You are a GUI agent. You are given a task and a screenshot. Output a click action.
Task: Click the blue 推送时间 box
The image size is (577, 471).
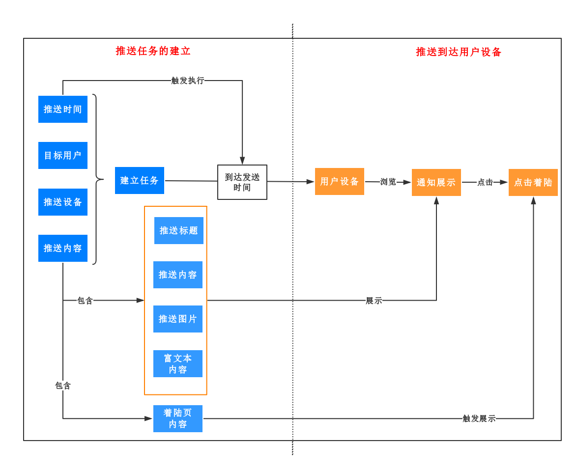[x=63, y=109]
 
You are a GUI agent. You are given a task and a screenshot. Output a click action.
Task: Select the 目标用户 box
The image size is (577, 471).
[x=63, y=155]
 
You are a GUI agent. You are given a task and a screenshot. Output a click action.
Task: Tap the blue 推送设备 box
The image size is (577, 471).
[x=63, y=202]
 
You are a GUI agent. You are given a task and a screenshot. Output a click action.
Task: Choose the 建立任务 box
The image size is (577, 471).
[x=140, y=180]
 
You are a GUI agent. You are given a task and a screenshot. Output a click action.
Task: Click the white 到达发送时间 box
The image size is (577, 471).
[x=242, y=182]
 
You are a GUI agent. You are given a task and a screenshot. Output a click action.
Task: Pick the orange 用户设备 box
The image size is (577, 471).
[x=340, y=181]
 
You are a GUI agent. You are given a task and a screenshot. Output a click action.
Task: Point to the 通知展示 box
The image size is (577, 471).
[x=436, y=182]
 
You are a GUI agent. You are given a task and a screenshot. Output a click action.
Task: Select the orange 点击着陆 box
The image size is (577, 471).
[x=533, y=182]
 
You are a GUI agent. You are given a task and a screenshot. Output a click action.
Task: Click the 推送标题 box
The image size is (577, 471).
[x=179, y=230]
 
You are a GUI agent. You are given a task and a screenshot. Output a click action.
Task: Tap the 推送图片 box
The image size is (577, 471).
[x=178, y=319]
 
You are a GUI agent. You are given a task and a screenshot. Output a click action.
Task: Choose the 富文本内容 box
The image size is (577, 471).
[x=178, y=363]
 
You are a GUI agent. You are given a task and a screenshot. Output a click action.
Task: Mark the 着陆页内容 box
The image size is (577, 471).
[x=178, y=418]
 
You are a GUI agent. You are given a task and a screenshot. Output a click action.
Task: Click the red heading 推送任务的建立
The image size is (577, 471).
[x=153, y=51]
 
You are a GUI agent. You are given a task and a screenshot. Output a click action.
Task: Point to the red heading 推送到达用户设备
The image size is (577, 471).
[x=459, y=52]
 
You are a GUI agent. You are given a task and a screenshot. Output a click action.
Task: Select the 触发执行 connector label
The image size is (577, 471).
[x=188, y=81]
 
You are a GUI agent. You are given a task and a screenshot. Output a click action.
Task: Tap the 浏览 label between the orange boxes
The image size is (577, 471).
[x=388, y=182]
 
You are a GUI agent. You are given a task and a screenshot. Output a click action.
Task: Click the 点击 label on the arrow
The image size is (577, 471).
[x=485, y=182]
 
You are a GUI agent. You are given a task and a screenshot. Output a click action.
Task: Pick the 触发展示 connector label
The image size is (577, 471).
[x=479, y=418]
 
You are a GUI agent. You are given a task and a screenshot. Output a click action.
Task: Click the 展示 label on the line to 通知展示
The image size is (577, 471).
[x=374, y=301]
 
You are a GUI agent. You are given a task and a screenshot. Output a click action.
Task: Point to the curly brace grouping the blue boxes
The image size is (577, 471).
[x=96, y=179]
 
